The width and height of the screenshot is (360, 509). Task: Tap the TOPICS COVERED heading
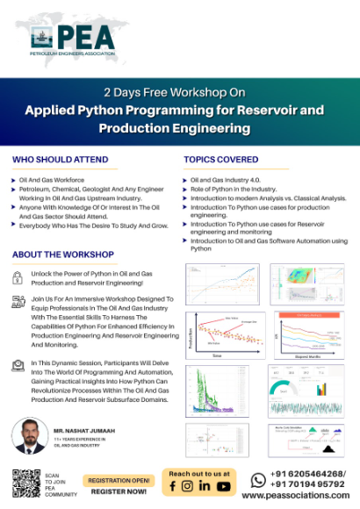pos(220,160)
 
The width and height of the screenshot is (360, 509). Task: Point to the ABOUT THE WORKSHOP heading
pos(62,254)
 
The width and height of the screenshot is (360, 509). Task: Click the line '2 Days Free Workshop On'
pos(179,91)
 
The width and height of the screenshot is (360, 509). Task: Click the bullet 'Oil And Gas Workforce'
pos(54,179)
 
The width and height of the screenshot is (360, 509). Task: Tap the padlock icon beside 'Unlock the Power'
pos(18,276)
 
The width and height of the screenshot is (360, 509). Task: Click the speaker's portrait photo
pos(29,437)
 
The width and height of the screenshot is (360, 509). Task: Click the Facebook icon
pos(173,486)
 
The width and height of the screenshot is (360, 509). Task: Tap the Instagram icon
pos(187,486)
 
